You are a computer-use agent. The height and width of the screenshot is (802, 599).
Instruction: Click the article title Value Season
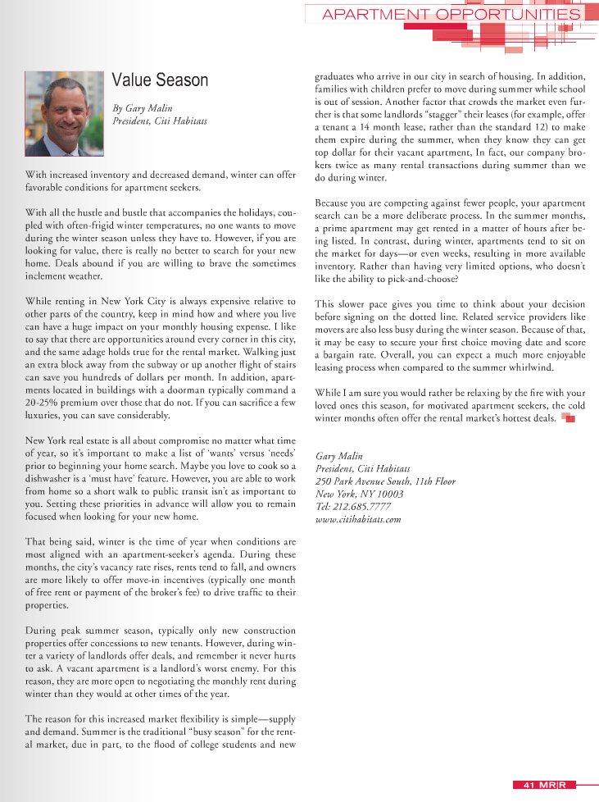[160, 80]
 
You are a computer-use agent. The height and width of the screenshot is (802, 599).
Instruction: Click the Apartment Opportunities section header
[452, 15]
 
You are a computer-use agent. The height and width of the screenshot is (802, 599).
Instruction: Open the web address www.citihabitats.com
[358, 519]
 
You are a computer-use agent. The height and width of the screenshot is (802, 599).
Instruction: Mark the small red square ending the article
[569, 418]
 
